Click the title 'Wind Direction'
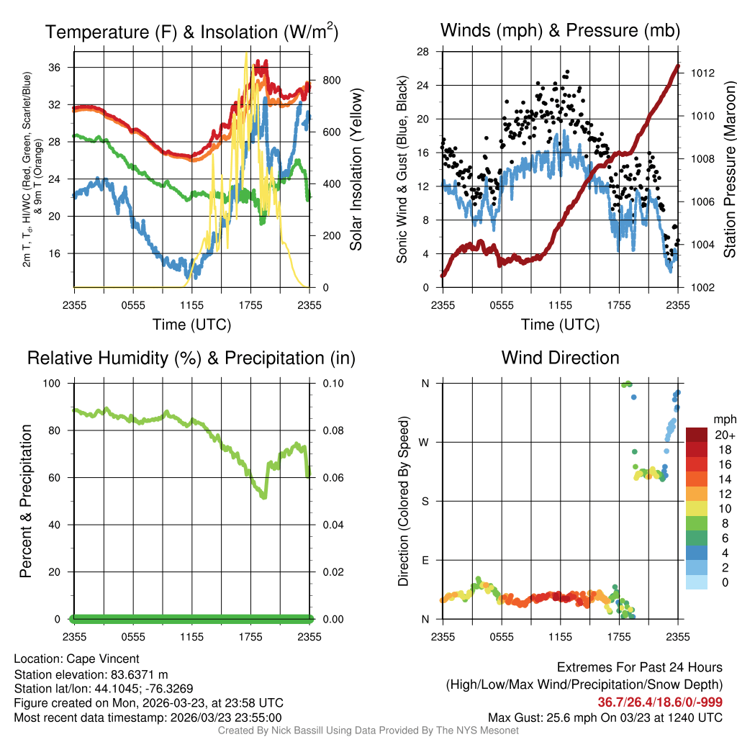tap(560, 358)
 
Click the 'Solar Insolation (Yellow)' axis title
tap(356, 169)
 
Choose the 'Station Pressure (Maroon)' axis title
tap(728, 169)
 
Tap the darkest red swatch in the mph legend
tap(697, 435)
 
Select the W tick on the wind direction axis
tap(424, 442)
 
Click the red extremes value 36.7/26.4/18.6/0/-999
tap(660, 702)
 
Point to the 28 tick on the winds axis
tap(422, 52)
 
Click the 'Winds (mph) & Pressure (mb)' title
tap(560, 31)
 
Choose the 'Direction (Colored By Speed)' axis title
tap(403, 500)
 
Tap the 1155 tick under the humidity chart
tap(192, 636)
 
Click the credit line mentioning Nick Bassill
tap(368, 731)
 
